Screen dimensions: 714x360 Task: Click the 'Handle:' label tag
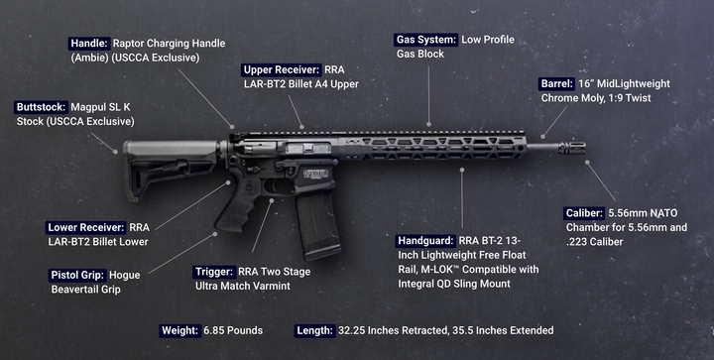coord(89,44)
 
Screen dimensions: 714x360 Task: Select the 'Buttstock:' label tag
coord(41,107)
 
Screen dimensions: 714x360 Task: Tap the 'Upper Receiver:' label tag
coord(282,70)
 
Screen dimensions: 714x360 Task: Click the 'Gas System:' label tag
coord(425,40)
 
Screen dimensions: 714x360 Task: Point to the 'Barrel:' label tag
coord(557,83)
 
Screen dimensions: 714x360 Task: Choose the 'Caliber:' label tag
coord(585,213)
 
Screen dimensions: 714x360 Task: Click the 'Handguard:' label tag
coord(425,241)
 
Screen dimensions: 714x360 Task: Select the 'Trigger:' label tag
coord(214,272)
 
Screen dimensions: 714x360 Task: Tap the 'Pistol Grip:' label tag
coord(77,276)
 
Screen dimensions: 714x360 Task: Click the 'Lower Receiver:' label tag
coord(86,227)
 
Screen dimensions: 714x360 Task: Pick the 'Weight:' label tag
coord(179,330)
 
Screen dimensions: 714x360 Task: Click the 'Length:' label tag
coord(314,330)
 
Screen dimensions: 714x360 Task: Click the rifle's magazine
coord(318,224)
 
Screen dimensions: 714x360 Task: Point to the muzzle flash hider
coord(572,148)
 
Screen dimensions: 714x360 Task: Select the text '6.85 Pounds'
coord(233,330)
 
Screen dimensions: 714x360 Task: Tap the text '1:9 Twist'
coord(630,98)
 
